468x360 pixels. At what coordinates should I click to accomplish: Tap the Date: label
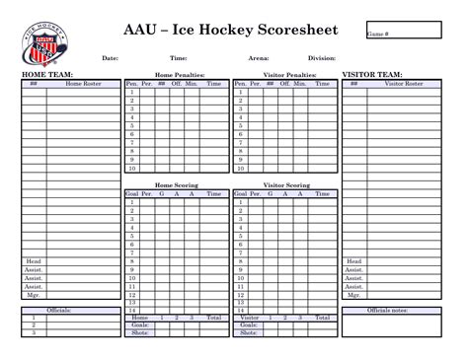(110, 58)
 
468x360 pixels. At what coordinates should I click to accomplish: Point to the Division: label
(322, 58)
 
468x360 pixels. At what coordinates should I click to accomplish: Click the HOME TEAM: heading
(47, 74)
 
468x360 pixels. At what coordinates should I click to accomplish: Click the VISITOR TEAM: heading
(371, 74)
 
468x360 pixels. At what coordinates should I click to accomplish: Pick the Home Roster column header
(83, 84)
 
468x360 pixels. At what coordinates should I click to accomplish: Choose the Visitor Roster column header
(403, 84)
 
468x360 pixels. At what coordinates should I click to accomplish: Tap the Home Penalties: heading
(178, 74)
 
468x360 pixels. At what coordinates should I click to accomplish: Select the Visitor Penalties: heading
(289, 74)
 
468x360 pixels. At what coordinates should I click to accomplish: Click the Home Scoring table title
(178, 184)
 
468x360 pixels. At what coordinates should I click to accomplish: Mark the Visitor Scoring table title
(286, 184)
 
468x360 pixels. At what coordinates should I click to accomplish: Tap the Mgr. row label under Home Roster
(33, 294)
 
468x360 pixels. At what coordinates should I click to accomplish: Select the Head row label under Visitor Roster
(353, 261)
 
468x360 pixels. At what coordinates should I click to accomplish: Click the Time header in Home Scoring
(214, 194)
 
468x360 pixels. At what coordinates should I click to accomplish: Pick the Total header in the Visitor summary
(322, 318)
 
